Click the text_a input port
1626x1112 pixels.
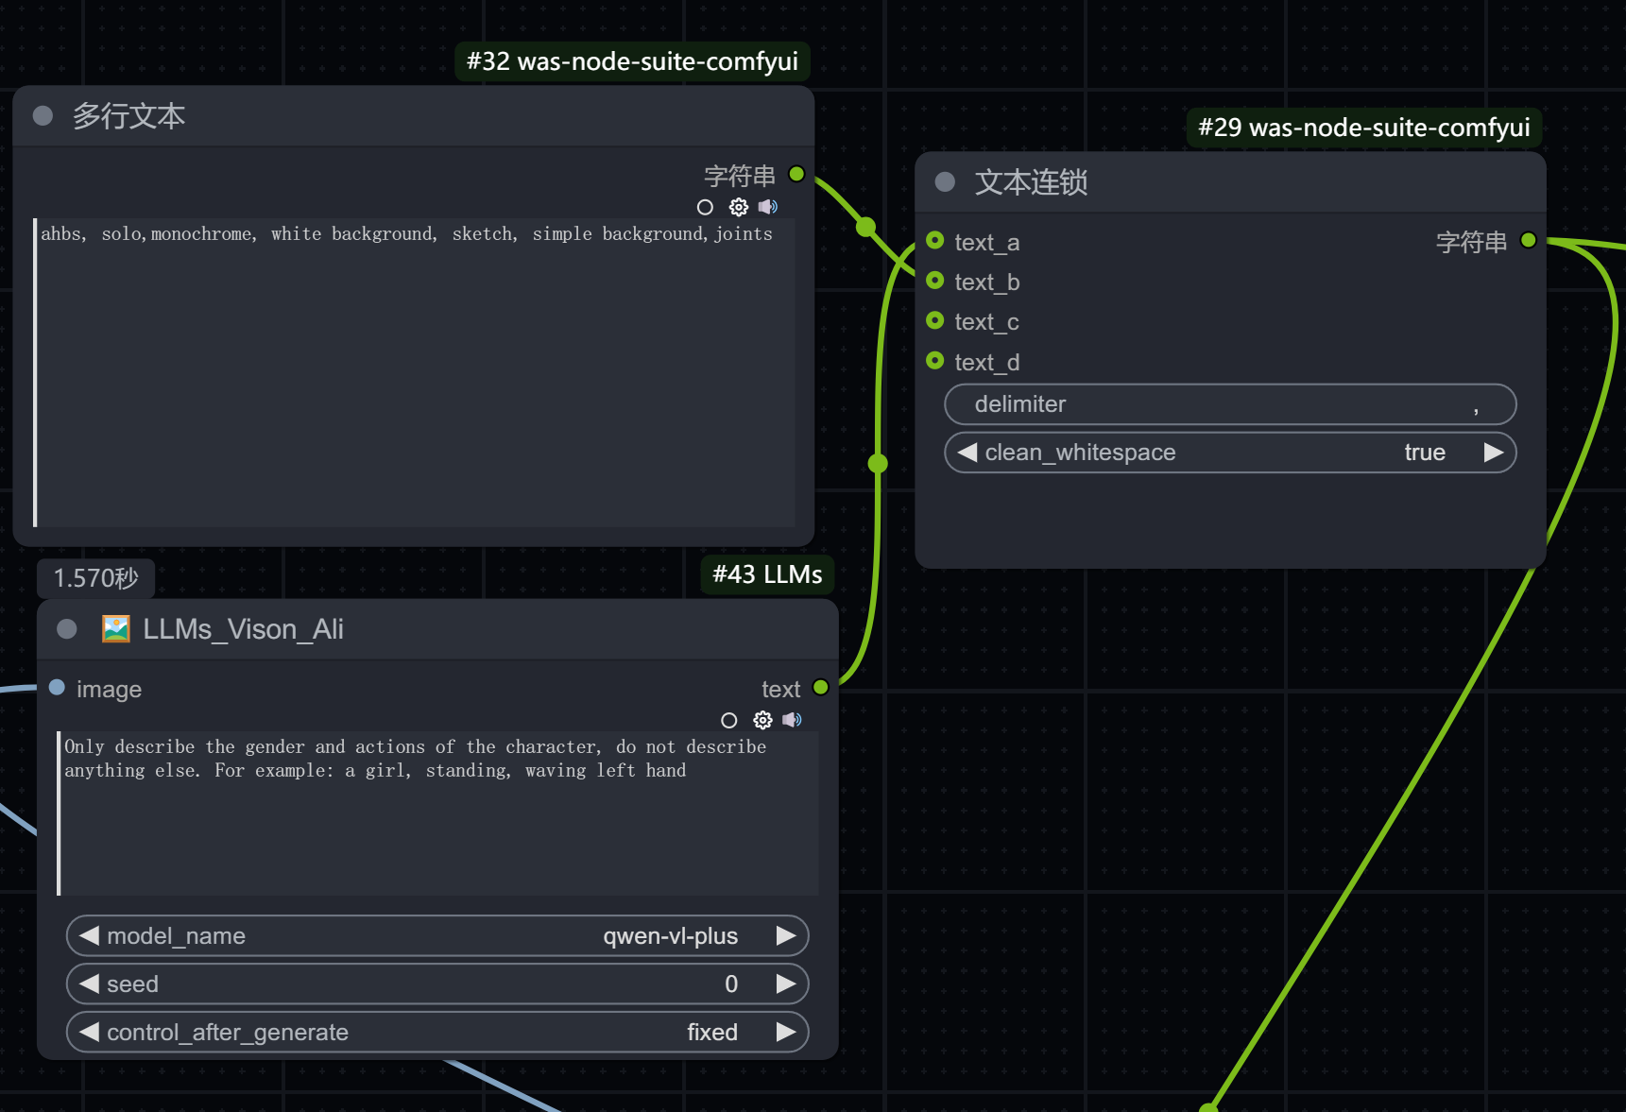[935, 241]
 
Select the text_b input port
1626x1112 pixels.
[935, 281]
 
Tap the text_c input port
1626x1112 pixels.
[935, 320]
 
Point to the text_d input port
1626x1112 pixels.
[935, 361]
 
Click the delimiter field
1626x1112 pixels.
[1230, 404]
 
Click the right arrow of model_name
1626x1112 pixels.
[785, 935]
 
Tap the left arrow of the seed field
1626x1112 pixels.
[90, 984]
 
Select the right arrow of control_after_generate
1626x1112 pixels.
[785, 1032]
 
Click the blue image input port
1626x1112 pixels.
[57, 688]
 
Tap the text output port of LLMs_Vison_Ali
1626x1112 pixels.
[821, 688]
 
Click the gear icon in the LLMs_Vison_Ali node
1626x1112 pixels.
[762, 720]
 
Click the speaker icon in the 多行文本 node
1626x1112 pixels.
[768, 206]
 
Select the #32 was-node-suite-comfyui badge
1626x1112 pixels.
[632, 61]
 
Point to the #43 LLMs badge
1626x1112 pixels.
[767, 574]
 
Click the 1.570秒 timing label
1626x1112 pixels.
[95, 578]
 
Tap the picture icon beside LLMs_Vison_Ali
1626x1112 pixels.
[116, 629]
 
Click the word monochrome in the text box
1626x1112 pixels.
[201, 234]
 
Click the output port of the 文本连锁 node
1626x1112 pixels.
[1529, 241]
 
